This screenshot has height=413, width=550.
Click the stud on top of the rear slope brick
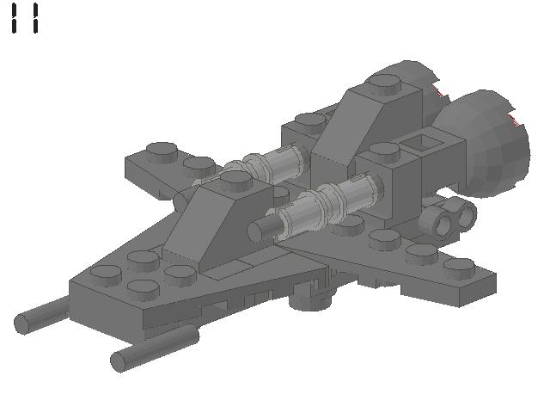point(384,83)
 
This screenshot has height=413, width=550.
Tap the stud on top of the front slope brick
point(235,180)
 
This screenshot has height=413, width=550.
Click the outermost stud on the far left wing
point(161,151)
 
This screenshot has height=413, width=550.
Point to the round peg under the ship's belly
point(311,298)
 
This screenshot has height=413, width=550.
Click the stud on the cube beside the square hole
point(382,153)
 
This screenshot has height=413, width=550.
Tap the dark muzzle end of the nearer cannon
point(255,231)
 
